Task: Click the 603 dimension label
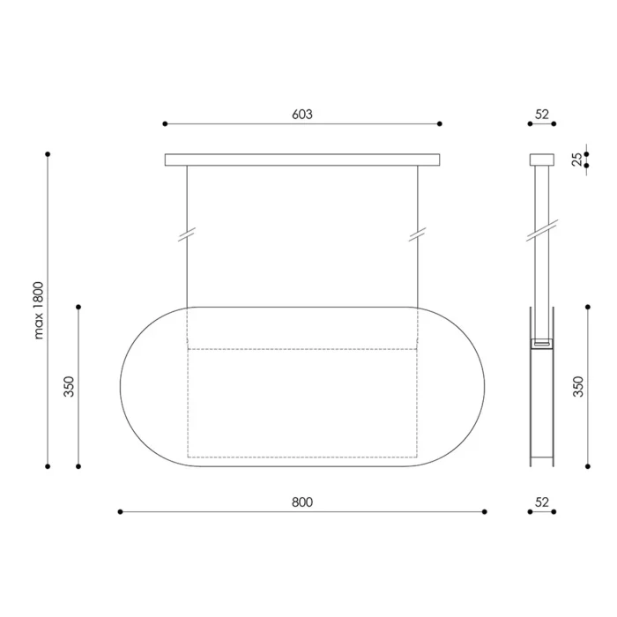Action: [x=302, y=115]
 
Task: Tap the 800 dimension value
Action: [x=302, y=502]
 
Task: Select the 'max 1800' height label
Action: [x=39, y=310]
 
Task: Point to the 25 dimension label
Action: [x=577, y=160]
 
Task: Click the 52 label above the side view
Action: [x=541, y=115]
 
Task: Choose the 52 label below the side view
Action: [x=541, y=502]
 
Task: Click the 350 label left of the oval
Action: [x=70, y=387]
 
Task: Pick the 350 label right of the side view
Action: [x=578, y=387]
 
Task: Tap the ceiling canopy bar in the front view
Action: [x=302, y=160]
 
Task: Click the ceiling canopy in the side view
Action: [x=541, y=160]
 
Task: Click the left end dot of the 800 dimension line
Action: [x=120, y=511]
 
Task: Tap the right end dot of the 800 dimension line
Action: [x=485, y=511]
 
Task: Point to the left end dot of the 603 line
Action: [x=165, y=124]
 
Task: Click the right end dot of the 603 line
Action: [x=440, y=124]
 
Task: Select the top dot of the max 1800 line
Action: [x=48, y=153]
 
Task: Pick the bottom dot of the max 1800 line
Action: [x=48, y=466]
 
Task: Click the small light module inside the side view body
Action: [x=541, y=342]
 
